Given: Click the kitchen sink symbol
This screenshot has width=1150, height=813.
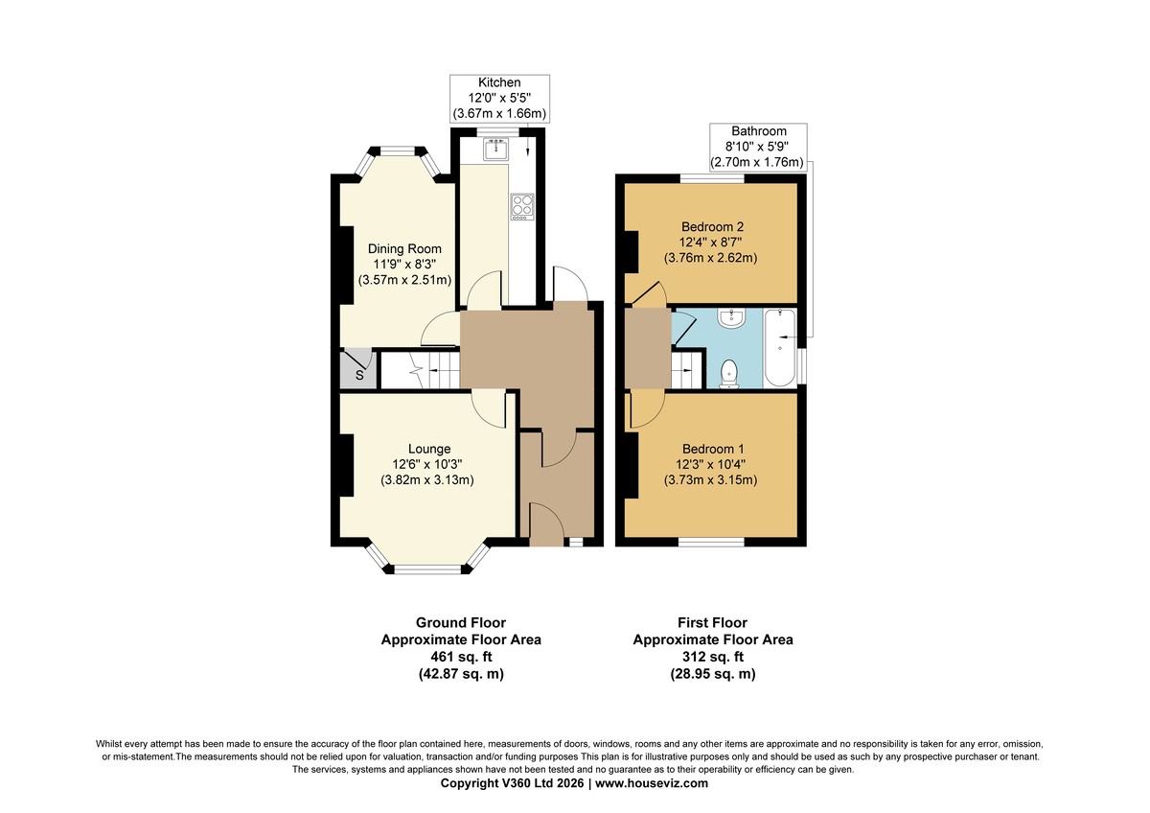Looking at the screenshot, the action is [496, 149].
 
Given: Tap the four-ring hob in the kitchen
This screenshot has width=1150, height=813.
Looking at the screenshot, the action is [522, 206].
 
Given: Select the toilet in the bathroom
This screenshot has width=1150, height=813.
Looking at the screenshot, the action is [729, 374].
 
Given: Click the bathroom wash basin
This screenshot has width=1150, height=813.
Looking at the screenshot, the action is [731, 318].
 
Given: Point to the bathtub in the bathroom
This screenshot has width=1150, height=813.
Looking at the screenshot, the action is [780, 348].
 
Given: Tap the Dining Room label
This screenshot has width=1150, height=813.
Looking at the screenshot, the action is [404, 249].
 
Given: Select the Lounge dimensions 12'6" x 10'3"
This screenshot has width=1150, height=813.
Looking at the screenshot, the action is [427, 464].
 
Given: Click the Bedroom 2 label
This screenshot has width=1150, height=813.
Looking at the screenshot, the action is [713, 226].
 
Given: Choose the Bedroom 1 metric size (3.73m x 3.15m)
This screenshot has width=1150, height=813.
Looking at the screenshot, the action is [710, 480].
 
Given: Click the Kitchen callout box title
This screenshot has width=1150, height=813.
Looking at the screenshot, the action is [499, 82].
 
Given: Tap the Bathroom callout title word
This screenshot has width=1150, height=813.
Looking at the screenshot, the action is [759, 131].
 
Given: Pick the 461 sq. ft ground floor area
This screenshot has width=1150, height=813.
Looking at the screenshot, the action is [461, 657].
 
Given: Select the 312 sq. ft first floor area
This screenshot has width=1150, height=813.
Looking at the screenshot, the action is [713, 657].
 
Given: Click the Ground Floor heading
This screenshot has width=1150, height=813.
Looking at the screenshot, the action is [461, 622].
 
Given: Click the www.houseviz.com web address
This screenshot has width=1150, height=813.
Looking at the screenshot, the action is [652, 783].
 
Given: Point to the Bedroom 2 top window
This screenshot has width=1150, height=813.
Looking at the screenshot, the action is [713, 178].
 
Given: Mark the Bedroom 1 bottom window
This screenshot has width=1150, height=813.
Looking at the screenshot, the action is [711, 542].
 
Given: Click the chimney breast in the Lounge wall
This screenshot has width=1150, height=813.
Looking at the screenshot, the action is [347, 465].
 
